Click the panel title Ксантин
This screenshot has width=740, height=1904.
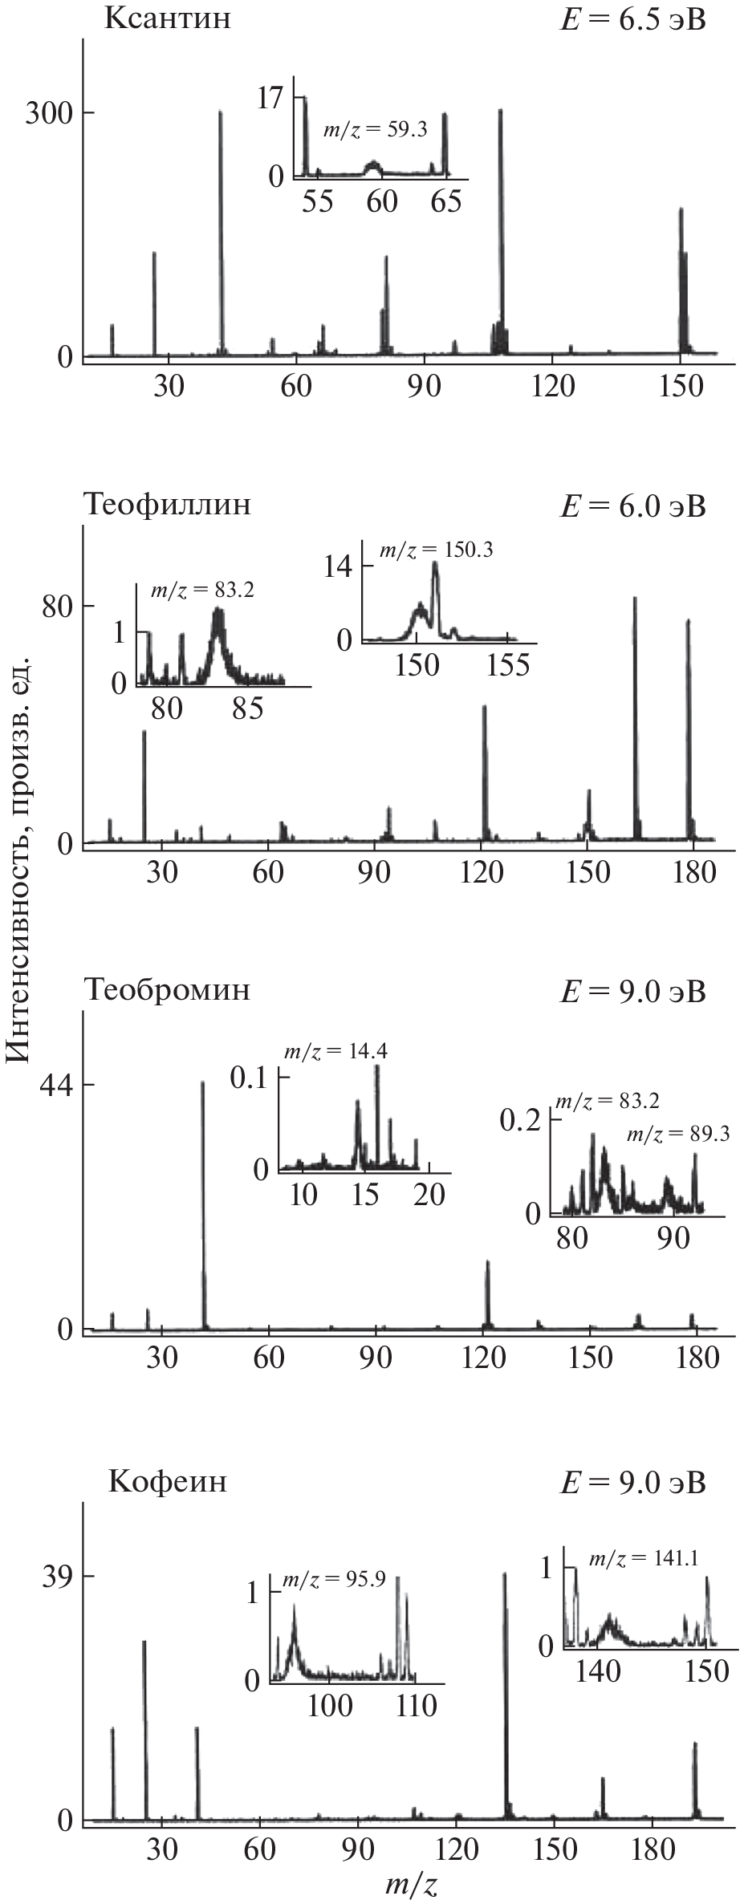pos(167,18)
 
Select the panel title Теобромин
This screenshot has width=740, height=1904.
pos(167,989)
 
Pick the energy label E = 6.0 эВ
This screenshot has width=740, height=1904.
pos(632,506)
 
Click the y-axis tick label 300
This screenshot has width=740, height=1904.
pos(47,112)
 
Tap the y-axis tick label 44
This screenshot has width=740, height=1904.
pos(56,1085)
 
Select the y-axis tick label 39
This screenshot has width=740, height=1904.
pos(56,1574)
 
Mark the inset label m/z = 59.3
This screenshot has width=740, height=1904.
pos(375,130)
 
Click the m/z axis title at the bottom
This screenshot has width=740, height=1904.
pos(410,1885)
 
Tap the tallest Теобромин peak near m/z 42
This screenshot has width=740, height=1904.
pos(203,1204)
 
